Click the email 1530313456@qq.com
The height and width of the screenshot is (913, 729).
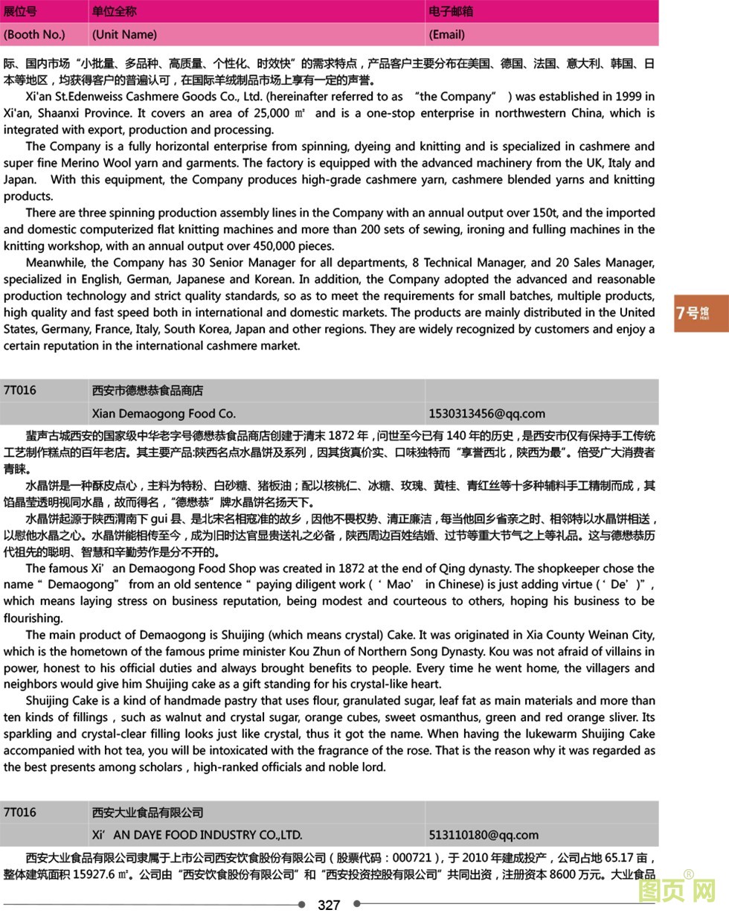pos(486,414)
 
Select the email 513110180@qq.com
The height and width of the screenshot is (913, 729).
pos(484,835)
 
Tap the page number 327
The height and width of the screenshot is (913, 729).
pos(329,905)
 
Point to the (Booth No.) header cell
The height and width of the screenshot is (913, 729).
pos(34,34)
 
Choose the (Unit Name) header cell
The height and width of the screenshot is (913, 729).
pos(124,34)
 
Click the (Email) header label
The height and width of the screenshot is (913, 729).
pos(447,34)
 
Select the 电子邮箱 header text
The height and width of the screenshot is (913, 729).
pos(451,11)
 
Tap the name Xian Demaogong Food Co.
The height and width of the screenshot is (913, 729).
pos(164,414)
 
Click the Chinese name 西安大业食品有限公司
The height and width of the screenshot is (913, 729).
pos(147,812)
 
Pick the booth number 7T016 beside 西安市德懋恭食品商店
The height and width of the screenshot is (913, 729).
pos(19,391)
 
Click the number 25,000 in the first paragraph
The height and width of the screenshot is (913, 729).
pos(271,113)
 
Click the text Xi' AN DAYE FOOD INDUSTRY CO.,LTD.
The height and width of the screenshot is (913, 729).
pos(196,835)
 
